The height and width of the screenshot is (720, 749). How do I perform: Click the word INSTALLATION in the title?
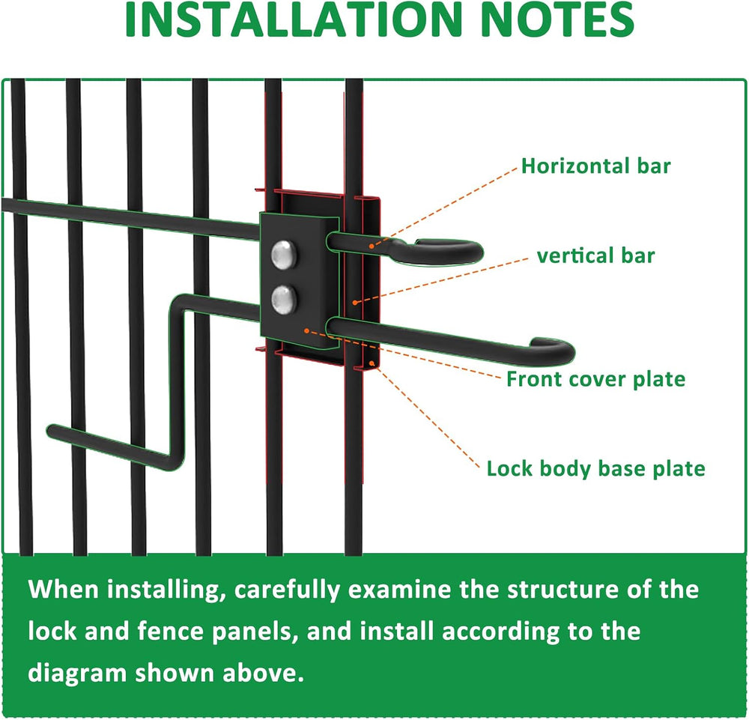[293, 19]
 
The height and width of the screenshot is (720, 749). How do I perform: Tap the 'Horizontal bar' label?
[595, 166]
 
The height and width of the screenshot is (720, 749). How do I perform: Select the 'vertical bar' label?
[595, 255]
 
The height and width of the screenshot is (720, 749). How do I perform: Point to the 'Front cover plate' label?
[595, 379]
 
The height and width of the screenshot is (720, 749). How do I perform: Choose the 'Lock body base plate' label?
[595, 469]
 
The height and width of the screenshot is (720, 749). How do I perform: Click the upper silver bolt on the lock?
[284, 254]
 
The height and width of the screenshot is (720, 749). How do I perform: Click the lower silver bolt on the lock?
[284, 300]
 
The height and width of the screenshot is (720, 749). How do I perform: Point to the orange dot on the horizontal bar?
[372, 246]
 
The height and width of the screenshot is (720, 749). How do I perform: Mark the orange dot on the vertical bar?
[354, 303]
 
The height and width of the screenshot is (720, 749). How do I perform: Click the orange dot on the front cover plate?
[306, 330]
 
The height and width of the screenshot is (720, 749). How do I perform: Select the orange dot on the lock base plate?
[372, 363]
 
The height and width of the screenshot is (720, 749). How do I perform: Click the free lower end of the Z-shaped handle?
[52, 431]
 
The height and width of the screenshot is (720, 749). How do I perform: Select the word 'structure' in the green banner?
[562, 590]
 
